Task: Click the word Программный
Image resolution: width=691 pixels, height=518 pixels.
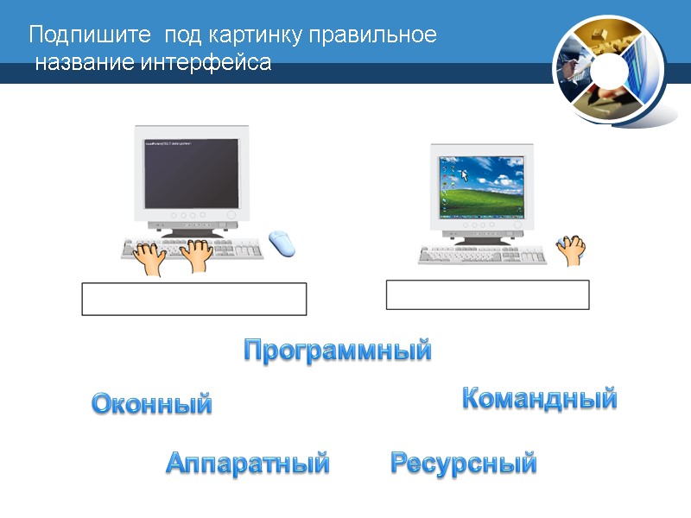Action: (x=337, y=351)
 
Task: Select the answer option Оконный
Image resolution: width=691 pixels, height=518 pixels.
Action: (x=152, y=403)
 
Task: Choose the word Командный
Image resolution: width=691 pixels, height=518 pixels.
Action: (x=540, y=399)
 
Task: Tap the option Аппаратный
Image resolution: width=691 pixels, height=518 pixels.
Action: (x=247, y=464)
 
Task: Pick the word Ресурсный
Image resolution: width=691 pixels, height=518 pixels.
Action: (x=464, y=464)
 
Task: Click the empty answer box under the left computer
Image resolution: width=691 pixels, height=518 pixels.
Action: (x=193, y=299)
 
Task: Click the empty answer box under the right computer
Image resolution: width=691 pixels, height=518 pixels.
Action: (x=487, y=294)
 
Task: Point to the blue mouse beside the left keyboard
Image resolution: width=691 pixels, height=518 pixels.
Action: (x=282, y=243)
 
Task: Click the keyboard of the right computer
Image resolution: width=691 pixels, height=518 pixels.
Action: (x=481, y=253)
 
